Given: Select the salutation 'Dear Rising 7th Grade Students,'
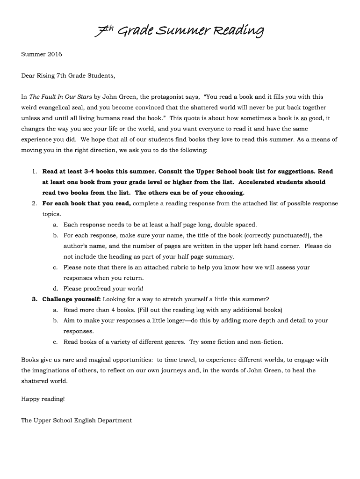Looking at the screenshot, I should coord(68,75).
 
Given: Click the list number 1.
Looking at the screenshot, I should coord(35,172).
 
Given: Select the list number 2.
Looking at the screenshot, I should coord(35,203).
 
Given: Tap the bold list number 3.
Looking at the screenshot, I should coord(35,299).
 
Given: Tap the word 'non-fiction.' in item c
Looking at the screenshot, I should coord(266,341).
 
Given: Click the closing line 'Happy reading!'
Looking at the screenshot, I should coord(43,399).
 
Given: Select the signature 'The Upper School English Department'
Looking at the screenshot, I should coord(77,420).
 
